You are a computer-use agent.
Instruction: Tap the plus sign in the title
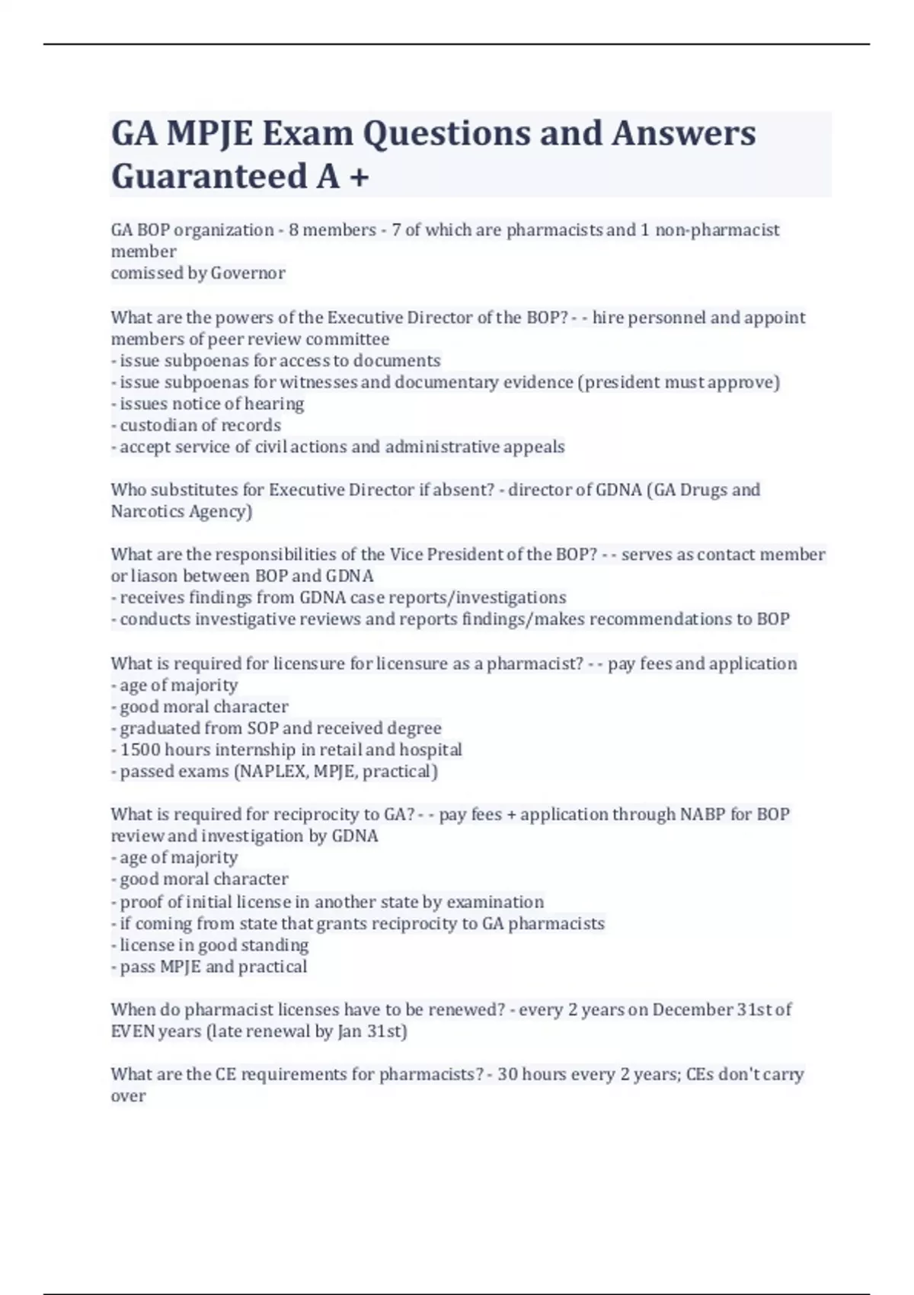[359, 177]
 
